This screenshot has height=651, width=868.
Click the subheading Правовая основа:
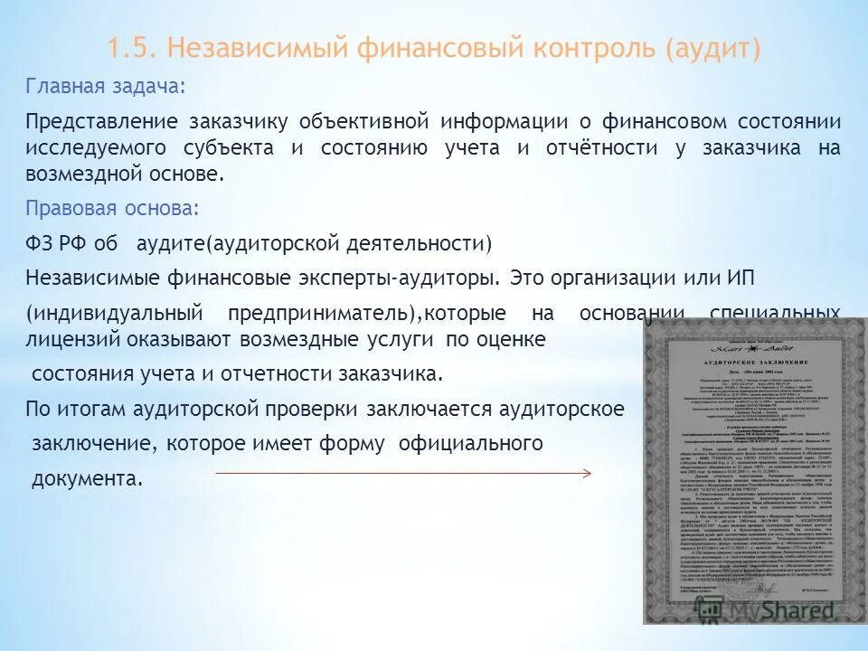point(112,207)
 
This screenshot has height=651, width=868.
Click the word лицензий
point(62,339)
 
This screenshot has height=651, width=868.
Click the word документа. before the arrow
point(87,477)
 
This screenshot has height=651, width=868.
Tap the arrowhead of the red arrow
point(588,473)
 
